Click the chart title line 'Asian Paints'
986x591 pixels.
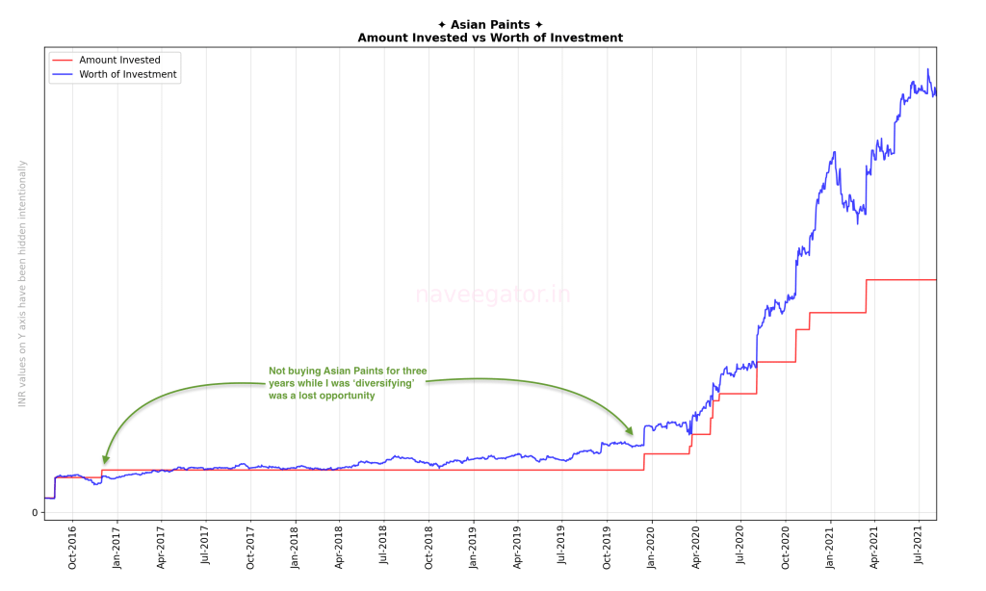[x=490, y=24]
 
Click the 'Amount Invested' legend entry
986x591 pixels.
[x=119, y=60]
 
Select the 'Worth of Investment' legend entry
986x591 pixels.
[x=127, y=75]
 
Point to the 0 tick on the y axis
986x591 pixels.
[x=35, y=512]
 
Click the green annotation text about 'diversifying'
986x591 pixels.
[x=348, y=382]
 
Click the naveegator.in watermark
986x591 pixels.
[x=492, y=295]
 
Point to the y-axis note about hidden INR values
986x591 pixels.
[x=22, y=283]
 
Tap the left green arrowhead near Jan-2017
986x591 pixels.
[x=105, y=459]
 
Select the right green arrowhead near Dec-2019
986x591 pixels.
[x=631, y=430]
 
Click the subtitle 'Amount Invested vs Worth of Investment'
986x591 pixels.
[x=490, y=38]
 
